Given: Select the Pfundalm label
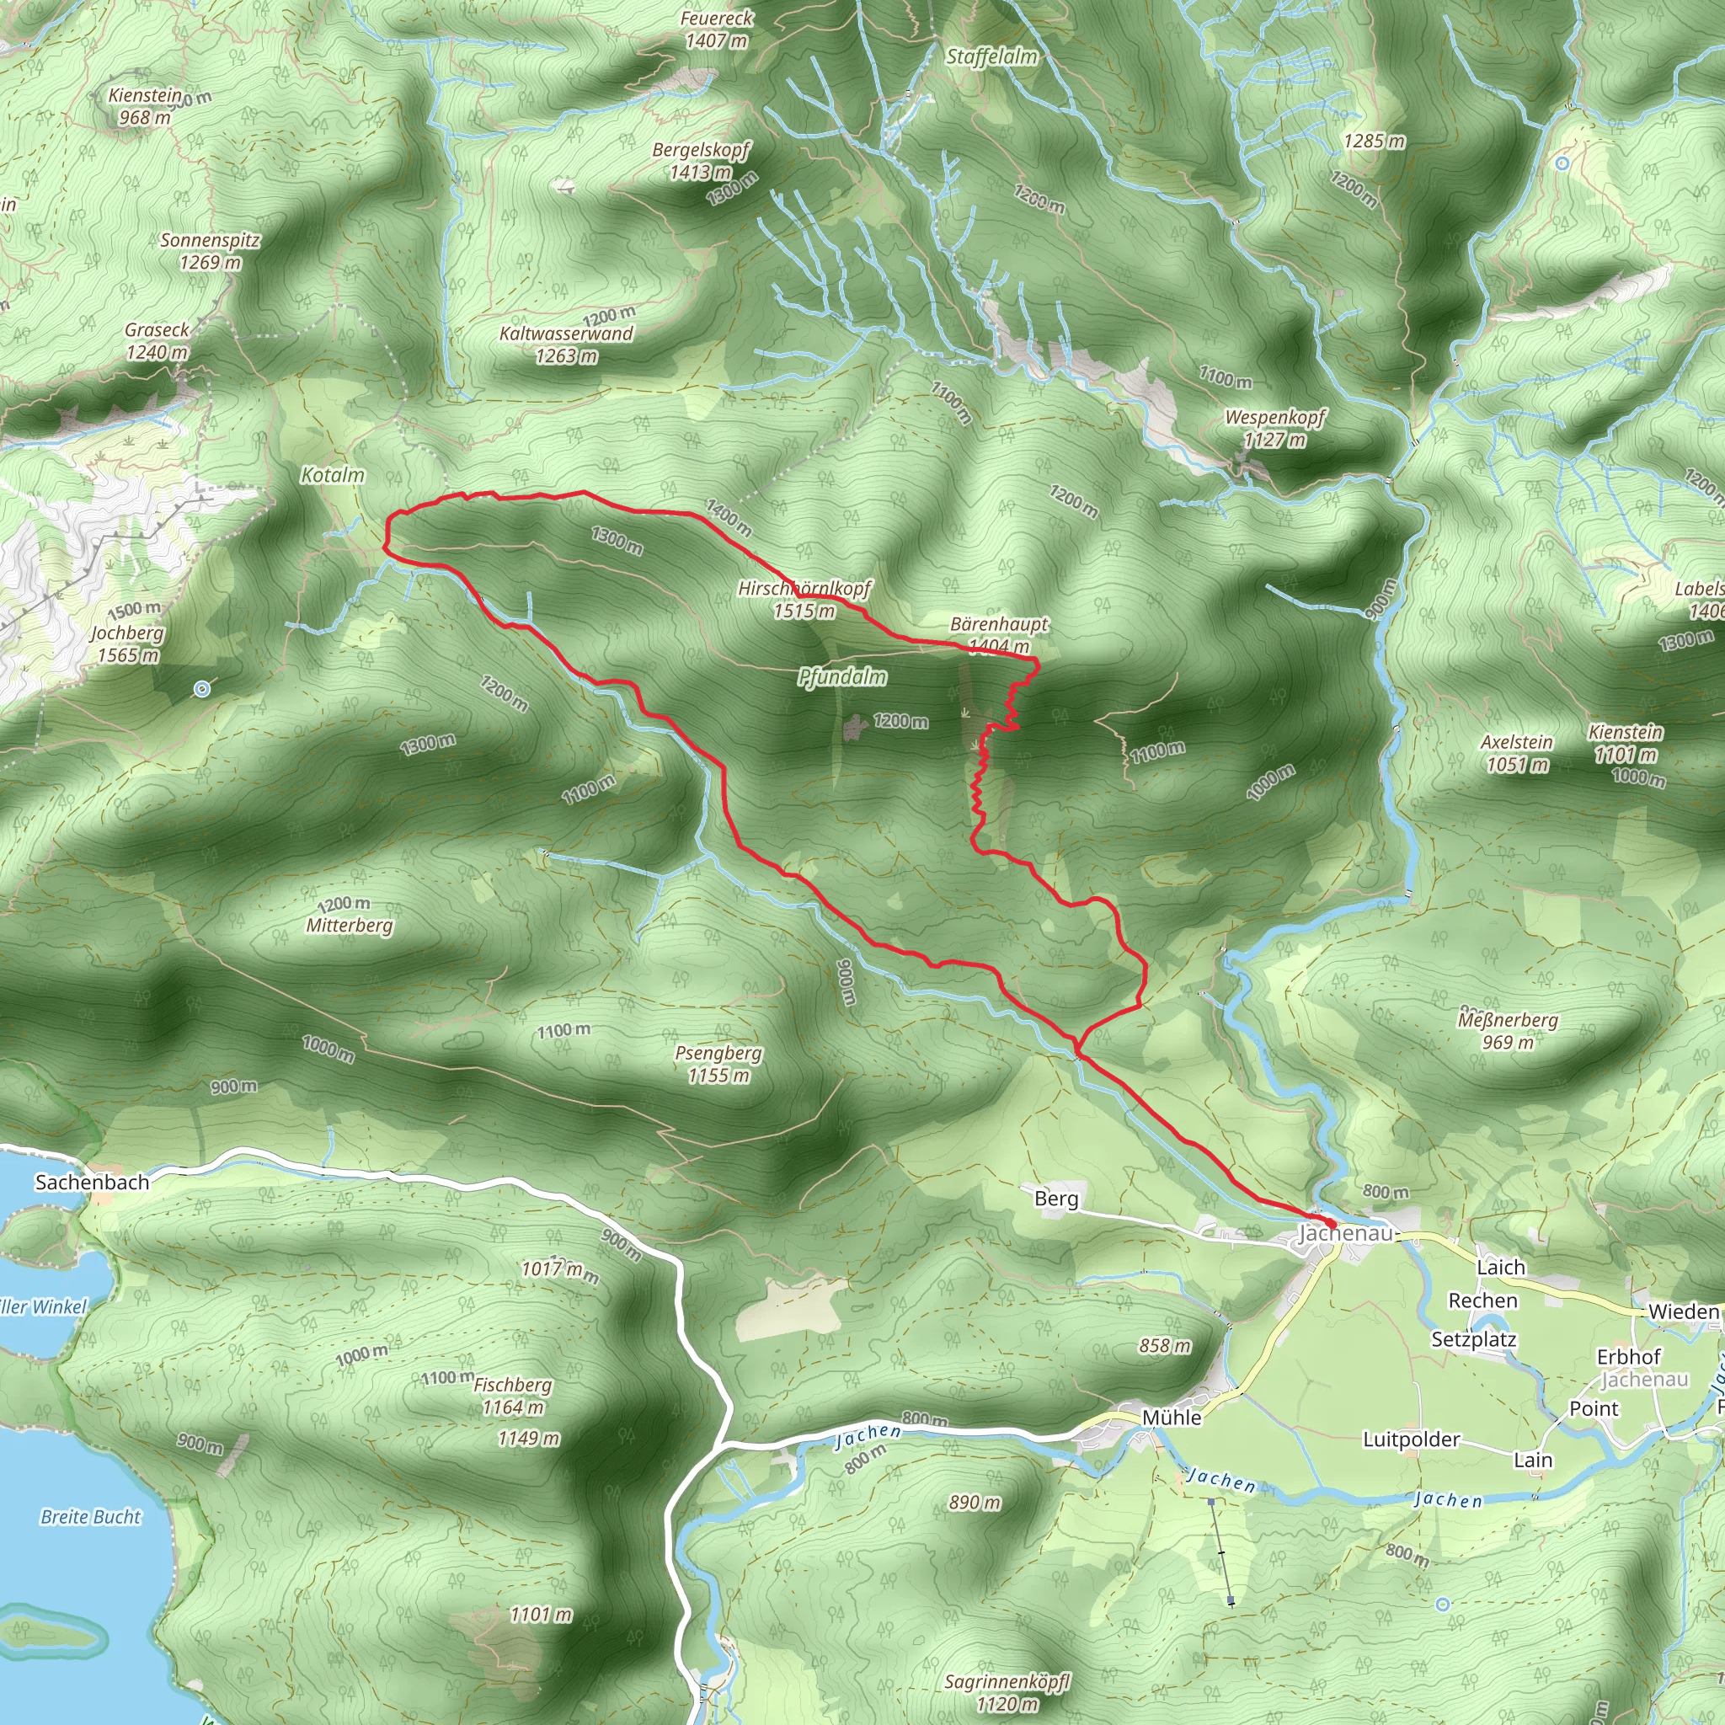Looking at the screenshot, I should (x=842, y=677).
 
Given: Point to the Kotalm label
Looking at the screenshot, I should (x=332, y=475).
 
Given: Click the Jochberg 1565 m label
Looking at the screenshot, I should (x=128, y=644).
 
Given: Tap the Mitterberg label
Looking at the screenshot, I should (x=349, y=925).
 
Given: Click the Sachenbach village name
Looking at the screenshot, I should (x=92, y=1182).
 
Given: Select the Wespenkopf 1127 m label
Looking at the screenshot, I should (x=1274, y=428).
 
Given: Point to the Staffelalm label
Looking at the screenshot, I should (x=992, y=57).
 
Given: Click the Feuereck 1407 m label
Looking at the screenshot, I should (x=716, y=29).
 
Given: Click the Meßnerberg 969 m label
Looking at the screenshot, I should (x=1508, y=1030).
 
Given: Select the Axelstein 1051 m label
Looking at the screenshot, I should (x=1516, y=753).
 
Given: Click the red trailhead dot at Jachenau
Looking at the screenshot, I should (x=1330, y=1223).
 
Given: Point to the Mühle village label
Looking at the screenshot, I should (x=1172, y=1418).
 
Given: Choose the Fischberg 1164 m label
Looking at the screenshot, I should (x=512, y=1396).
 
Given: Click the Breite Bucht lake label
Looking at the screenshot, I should (x=91, y=1517).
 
